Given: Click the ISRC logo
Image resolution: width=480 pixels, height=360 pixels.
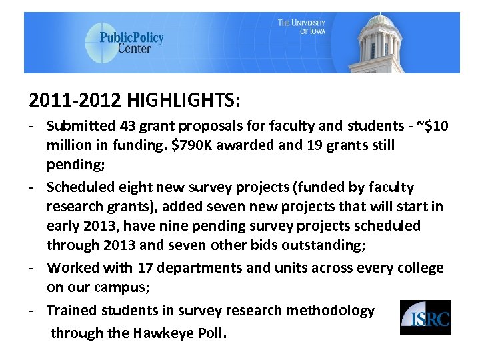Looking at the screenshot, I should [x=425, y=317].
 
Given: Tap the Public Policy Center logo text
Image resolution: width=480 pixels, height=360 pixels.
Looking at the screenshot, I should [x=131, y=43].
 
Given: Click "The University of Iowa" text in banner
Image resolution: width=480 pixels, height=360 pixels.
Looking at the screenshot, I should [x=302, y=27].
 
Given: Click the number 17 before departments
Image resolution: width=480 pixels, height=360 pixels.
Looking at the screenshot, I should [x=145, y=268].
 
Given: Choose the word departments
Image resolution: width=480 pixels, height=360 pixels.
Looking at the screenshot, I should [x=200, y=268].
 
